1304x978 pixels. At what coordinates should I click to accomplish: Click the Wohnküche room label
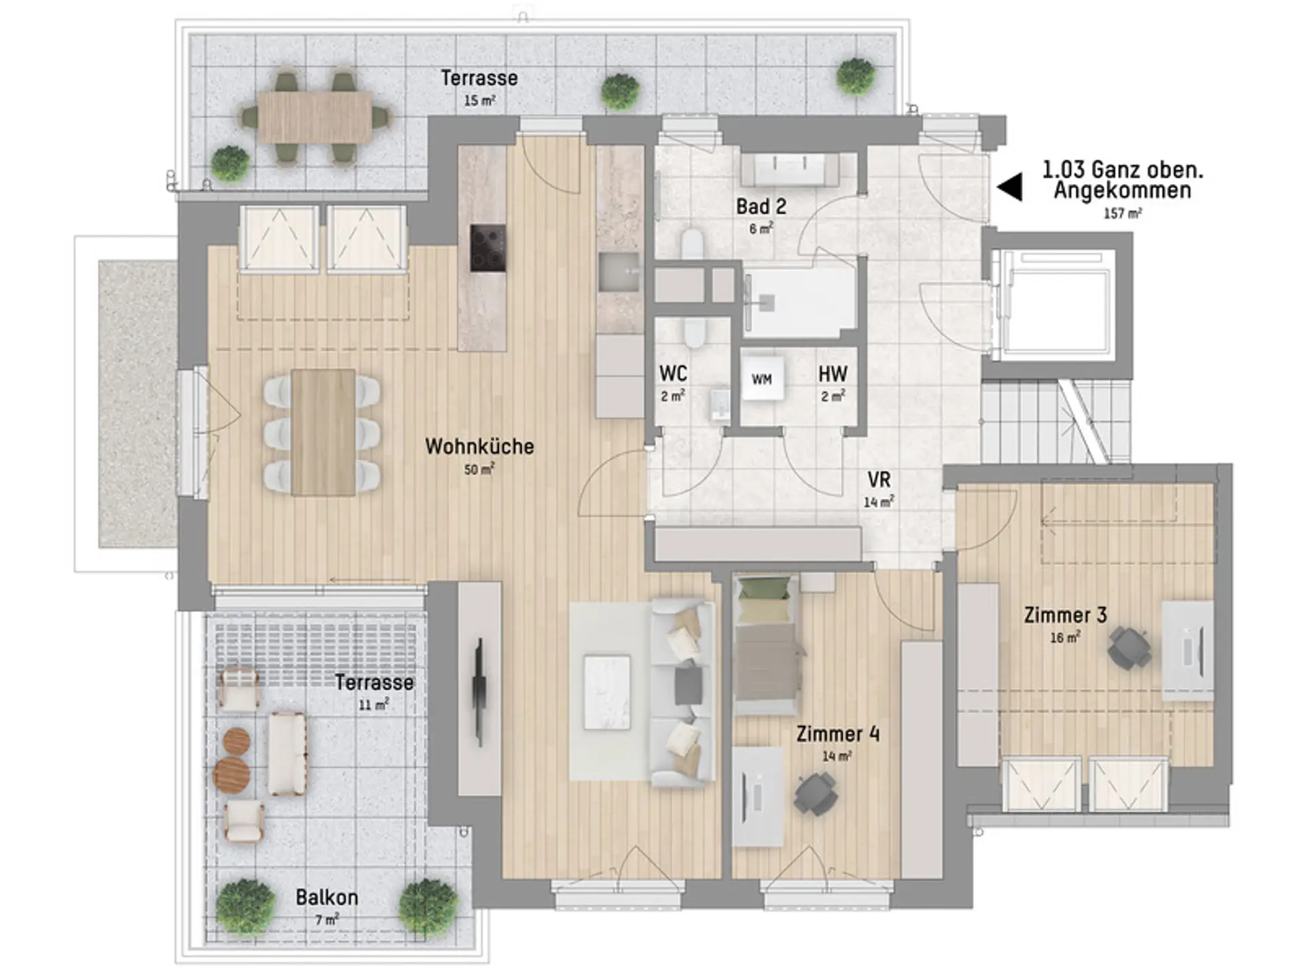479,446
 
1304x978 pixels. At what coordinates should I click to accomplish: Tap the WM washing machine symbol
762,380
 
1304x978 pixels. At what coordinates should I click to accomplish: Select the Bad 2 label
761,206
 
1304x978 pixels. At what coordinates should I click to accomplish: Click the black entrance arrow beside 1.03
1010,187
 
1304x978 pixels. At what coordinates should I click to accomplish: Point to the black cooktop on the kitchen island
488,248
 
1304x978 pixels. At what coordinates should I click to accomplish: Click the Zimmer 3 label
1065,615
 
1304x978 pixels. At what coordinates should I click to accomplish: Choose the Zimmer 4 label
837,733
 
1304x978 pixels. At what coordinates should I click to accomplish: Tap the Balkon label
327,897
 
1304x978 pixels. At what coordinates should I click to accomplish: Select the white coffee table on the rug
606,692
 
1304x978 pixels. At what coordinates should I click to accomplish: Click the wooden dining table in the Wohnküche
323,433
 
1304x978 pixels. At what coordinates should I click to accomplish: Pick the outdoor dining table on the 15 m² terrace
315,117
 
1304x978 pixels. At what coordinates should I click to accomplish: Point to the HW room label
833,374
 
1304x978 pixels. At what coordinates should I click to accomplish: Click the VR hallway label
879,480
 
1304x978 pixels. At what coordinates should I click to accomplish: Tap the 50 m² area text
479,469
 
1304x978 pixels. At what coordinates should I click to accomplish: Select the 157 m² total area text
1123,213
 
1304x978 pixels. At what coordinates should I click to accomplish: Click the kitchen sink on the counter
619,272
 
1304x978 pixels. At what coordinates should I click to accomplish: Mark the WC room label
673,374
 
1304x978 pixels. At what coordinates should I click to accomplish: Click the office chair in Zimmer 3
1129,648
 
